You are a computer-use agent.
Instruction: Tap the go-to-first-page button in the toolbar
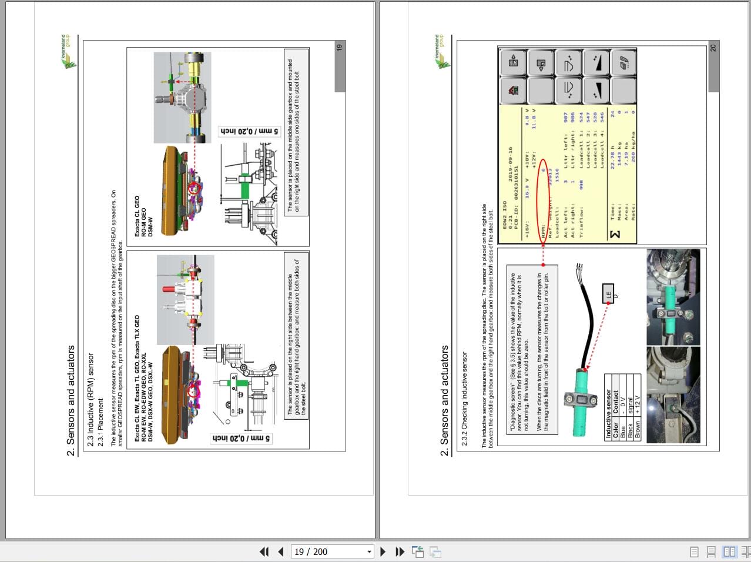(x=264, y=551)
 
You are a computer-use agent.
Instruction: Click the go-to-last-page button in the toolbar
(x=400, y=551)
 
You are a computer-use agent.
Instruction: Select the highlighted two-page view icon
(x=729, y=551)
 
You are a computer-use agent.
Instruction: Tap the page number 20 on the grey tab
(x=713, y=48)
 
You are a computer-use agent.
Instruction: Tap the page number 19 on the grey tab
(x=339, y=48)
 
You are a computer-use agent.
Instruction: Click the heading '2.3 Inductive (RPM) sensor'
(x=90, y=400)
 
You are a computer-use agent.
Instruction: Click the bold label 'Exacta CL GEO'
(x=137, y=216)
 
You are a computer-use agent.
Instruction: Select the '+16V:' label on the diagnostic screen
(x=527, y=226)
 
